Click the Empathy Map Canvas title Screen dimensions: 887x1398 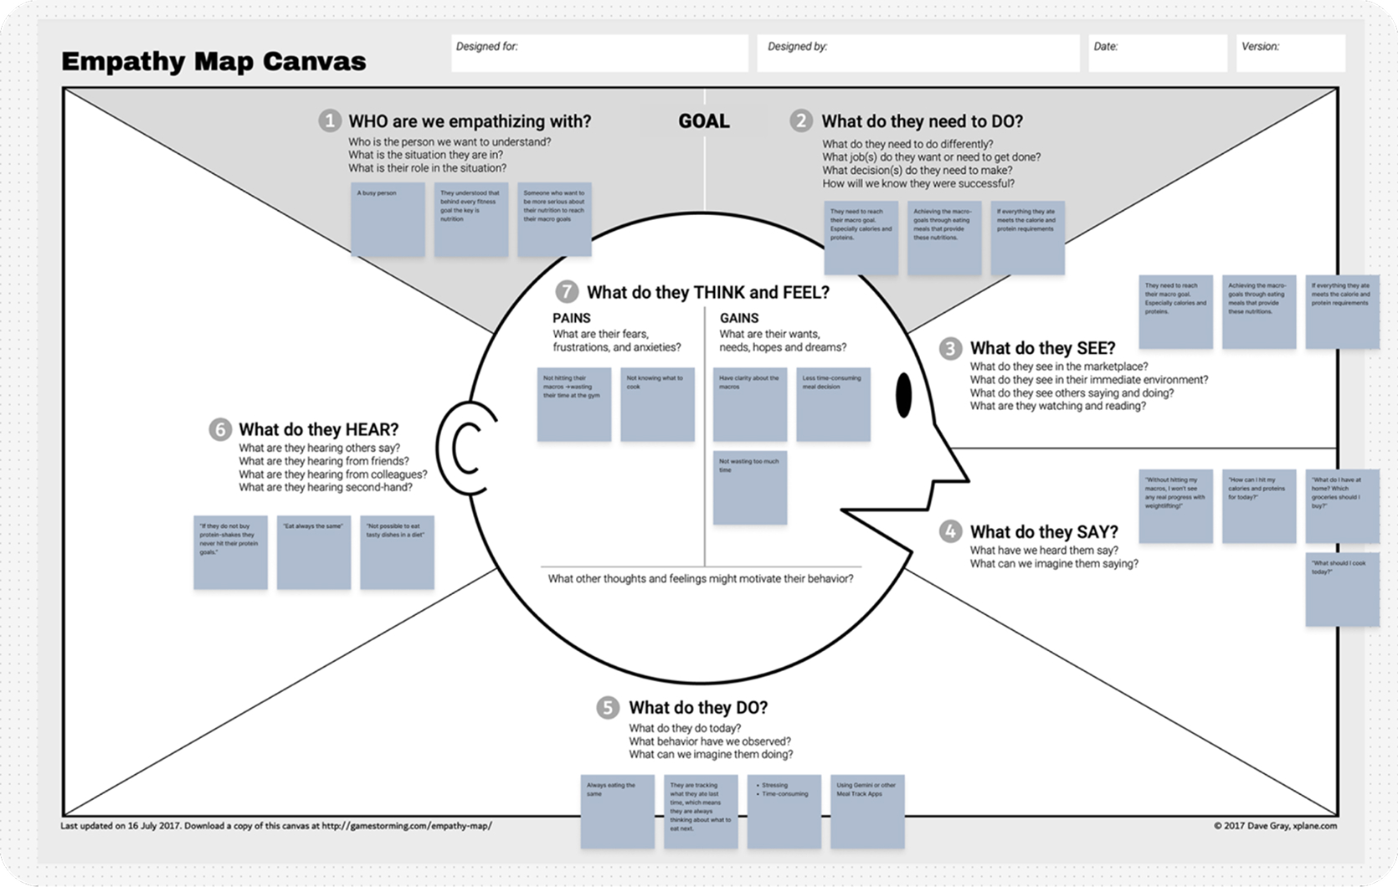pyautogui.click(x=213, y=61)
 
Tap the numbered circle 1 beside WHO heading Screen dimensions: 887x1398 pyautogui.click(x=329, y=121)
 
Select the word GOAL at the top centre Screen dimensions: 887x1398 pyautogui.click(x=703, y=121)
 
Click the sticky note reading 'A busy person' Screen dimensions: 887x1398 pyautogui.click(x=388, y=219)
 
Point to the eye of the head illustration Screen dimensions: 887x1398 pyautogui.click(x=904, y=395)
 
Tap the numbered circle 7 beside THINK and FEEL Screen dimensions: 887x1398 pyautogui.click(x=567, y=292)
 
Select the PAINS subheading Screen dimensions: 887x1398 pyautogui.click(x=572, y=318)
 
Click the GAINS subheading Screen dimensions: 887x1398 pyautogui.click(x=739, y=318)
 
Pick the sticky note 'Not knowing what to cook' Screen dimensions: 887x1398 pyautogui.click(x=657, y=404)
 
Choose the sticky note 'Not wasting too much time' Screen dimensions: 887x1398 pyautogui.click(x=750, y=488)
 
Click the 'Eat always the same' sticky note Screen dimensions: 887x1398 pyautogui.click(x=314, y=552)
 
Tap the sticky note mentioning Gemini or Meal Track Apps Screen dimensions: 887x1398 pyautogui.click(x=867, y=812)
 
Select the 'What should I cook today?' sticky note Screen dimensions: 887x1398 pyautogui.click(x=1342, y=589)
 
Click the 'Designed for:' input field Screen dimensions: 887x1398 pyautogui.click(x=599, y=53)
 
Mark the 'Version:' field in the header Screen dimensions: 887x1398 pyautogui.click(x=1290, y=53)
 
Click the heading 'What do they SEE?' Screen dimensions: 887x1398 pyautogui.click(x=1042, y=348)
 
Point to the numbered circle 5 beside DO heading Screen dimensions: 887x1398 pyautogui.click(x=608, y=708)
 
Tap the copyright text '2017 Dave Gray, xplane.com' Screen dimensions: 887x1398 pyautogui.click(x=1275, y=826)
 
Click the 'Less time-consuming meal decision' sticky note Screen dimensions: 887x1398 pyautogui.click(x=833, y=404)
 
